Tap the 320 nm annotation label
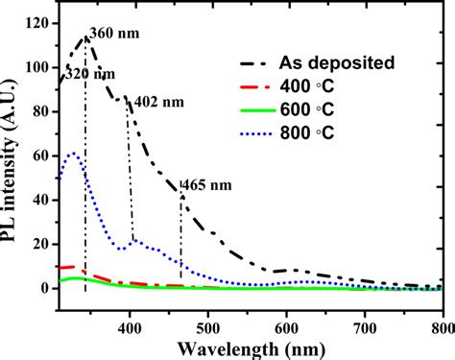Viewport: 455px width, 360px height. [84, 74]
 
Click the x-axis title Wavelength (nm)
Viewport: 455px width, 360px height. [251, 345]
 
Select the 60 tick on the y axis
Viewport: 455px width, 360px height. [42, 156]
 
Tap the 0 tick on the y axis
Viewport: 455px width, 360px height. [46, 288]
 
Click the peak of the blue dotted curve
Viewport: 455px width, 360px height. [73, 153]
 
